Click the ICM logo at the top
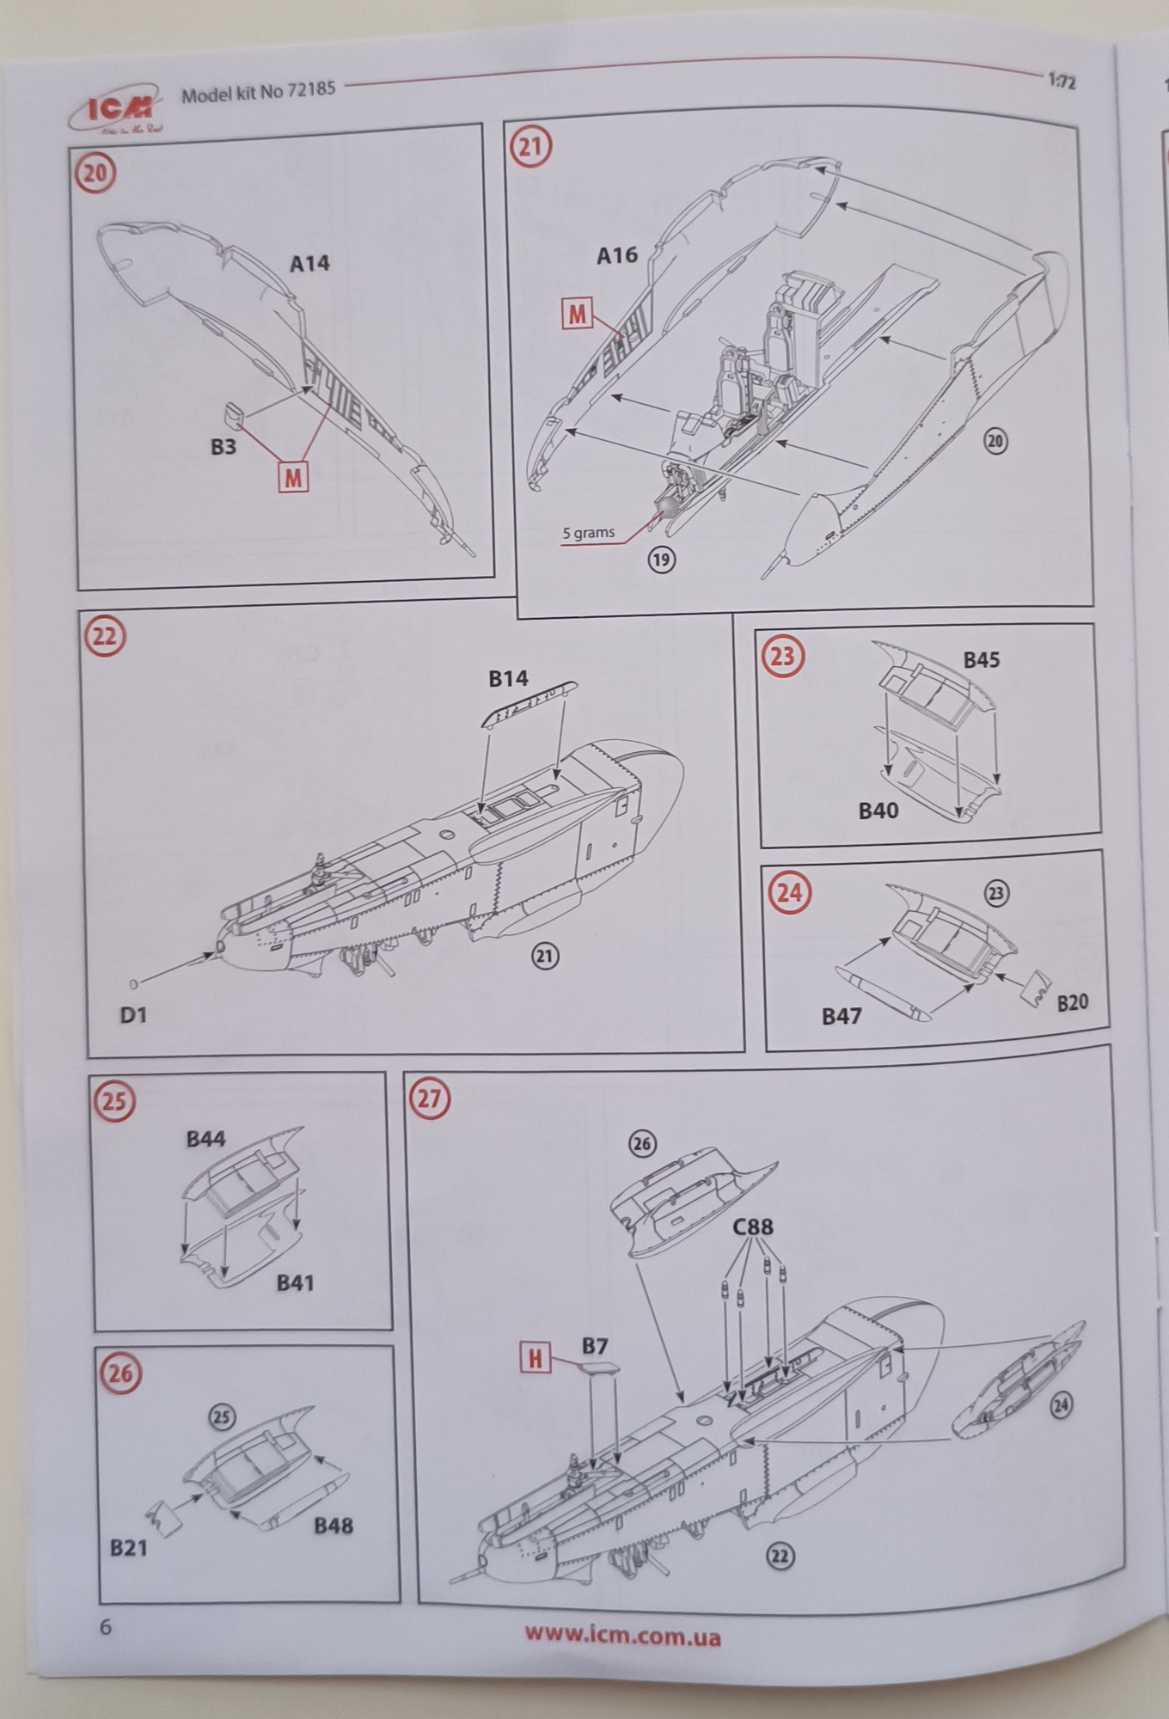tap(119, 105)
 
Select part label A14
tap(309, 263)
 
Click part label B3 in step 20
tap(223, 446)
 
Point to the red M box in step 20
tap(293, 477)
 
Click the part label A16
tap(616, 254)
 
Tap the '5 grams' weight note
tap(589, 533)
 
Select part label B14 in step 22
tap(508, 679)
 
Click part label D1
tap(133, 1015)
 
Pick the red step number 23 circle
tap(783, 657)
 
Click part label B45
tap(981, 660)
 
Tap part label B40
tap(878, 811)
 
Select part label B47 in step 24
tap(841, 1017)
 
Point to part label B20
tap(1072, 1003)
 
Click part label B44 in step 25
tap(205, 1140)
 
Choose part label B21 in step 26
tap(128, 1549)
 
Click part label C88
tap(753, 1227)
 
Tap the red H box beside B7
tap(535, 1359)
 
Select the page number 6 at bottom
tap(106, 1627)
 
